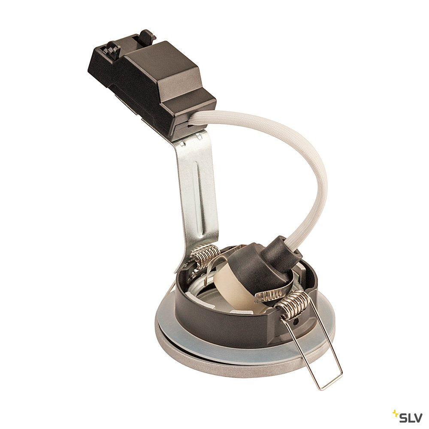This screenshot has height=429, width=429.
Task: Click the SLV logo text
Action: pos(411,417)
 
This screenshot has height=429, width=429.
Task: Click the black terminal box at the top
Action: pos(154,86)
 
